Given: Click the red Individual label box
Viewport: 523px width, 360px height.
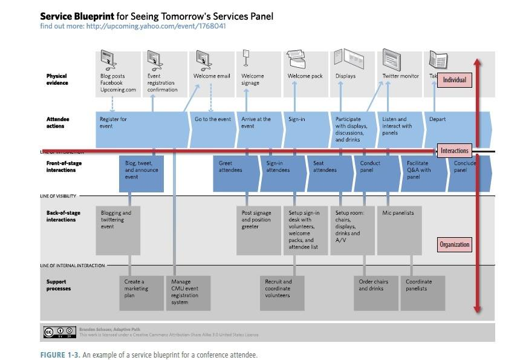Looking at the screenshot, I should coord(455,79).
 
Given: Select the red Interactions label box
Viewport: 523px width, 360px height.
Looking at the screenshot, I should coord(454,151).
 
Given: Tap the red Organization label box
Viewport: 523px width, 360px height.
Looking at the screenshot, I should coord(454,244).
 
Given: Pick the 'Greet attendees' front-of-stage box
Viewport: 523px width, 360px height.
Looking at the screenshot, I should coord(236,174).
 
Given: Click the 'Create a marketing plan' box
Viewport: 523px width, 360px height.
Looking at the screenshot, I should coord(141,293).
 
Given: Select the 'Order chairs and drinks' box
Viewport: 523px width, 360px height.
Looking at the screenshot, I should coord(375,293).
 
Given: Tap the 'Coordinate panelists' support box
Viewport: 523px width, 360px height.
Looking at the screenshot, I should coord(423,293).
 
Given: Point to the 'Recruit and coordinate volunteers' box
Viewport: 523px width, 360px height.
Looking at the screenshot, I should coord(282,293).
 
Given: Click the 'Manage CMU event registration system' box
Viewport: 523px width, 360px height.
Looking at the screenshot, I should coord(189,293).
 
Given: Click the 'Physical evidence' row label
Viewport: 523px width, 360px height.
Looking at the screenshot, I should coord(57,79).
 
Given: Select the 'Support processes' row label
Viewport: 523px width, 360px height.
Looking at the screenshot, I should coord(58,285).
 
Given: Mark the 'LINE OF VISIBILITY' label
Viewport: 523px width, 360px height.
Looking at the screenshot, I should coord(58,196).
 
